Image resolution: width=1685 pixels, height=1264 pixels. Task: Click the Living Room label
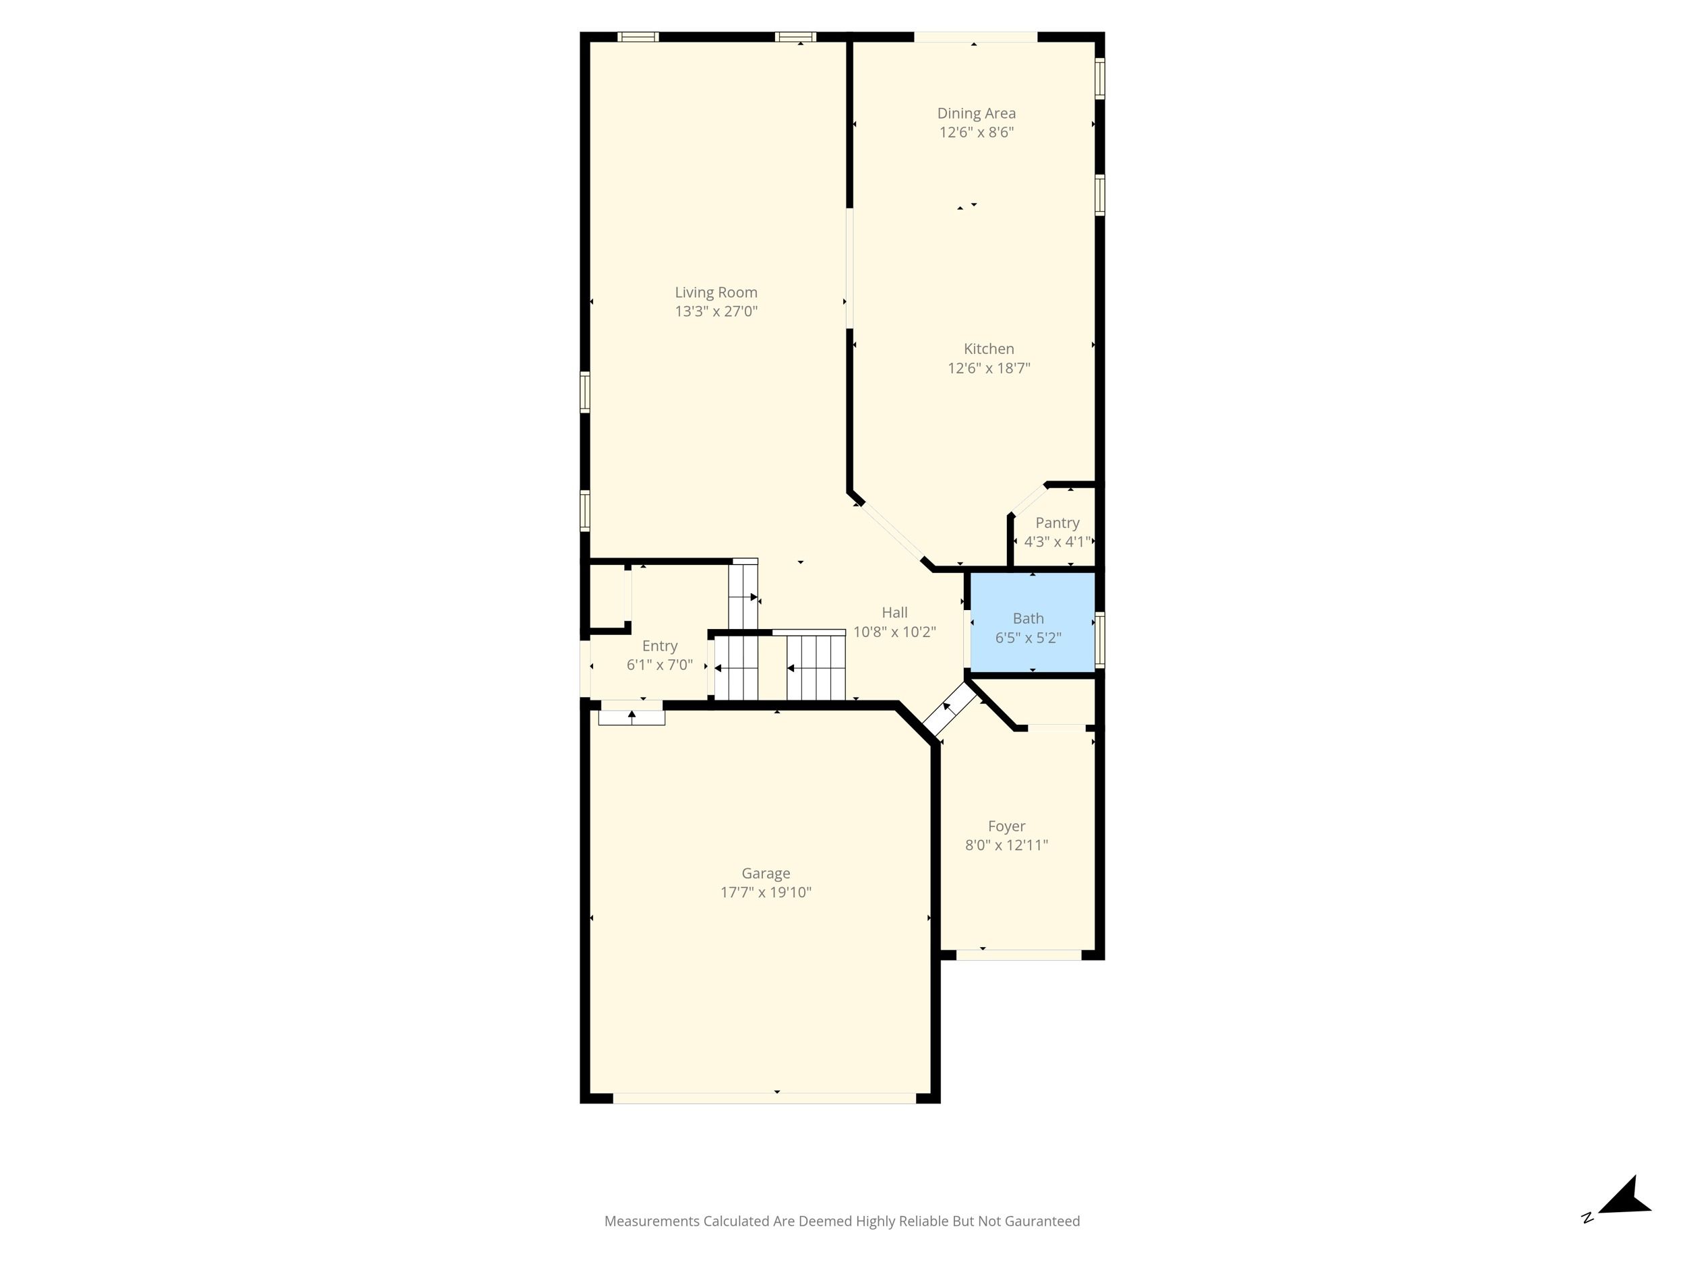tap(716, 293)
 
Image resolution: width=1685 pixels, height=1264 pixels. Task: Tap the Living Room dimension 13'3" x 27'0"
tap(716, 311)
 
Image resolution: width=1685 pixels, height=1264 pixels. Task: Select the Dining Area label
tap(977, 113)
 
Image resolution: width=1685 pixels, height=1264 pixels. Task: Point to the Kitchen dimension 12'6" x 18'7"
tap(989, 369)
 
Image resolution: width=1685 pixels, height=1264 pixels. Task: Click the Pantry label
tap(1058, 522)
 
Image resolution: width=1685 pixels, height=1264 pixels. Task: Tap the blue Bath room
tap(1032, 622)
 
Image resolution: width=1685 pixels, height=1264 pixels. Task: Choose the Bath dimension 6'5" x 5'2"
tap(1029, 638)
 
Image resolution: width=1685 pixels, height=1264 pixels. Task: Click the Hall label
tap(894, 613)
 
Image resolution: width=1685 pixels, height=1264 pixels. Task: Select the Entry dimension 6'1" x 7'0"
tap(660, 665)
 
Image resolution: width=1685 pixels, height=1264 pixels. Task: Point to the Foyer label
tap(1006, 826)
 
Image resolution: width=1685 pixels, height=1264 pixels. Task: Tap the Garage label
tap(766, 874)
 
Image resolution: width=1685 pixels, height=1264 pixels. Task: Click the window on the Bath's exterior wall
tap(1100, 640)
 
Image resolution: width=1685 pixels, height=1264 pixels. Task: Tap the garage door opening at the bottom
tap(764, 1098)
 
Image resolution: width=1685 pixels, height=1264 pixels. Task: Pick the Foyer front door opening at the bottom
tap(1019, 955)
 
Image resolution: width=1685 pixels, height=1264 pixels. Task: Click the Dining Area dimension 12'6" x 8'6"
tap(977, 133)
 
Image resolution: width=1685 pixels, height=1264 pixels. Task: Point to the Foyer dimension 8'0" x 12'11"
tap(1006, 845)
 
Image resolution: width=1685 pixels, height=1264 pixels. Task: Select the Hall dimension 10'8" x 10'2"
tap(894, 632)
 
